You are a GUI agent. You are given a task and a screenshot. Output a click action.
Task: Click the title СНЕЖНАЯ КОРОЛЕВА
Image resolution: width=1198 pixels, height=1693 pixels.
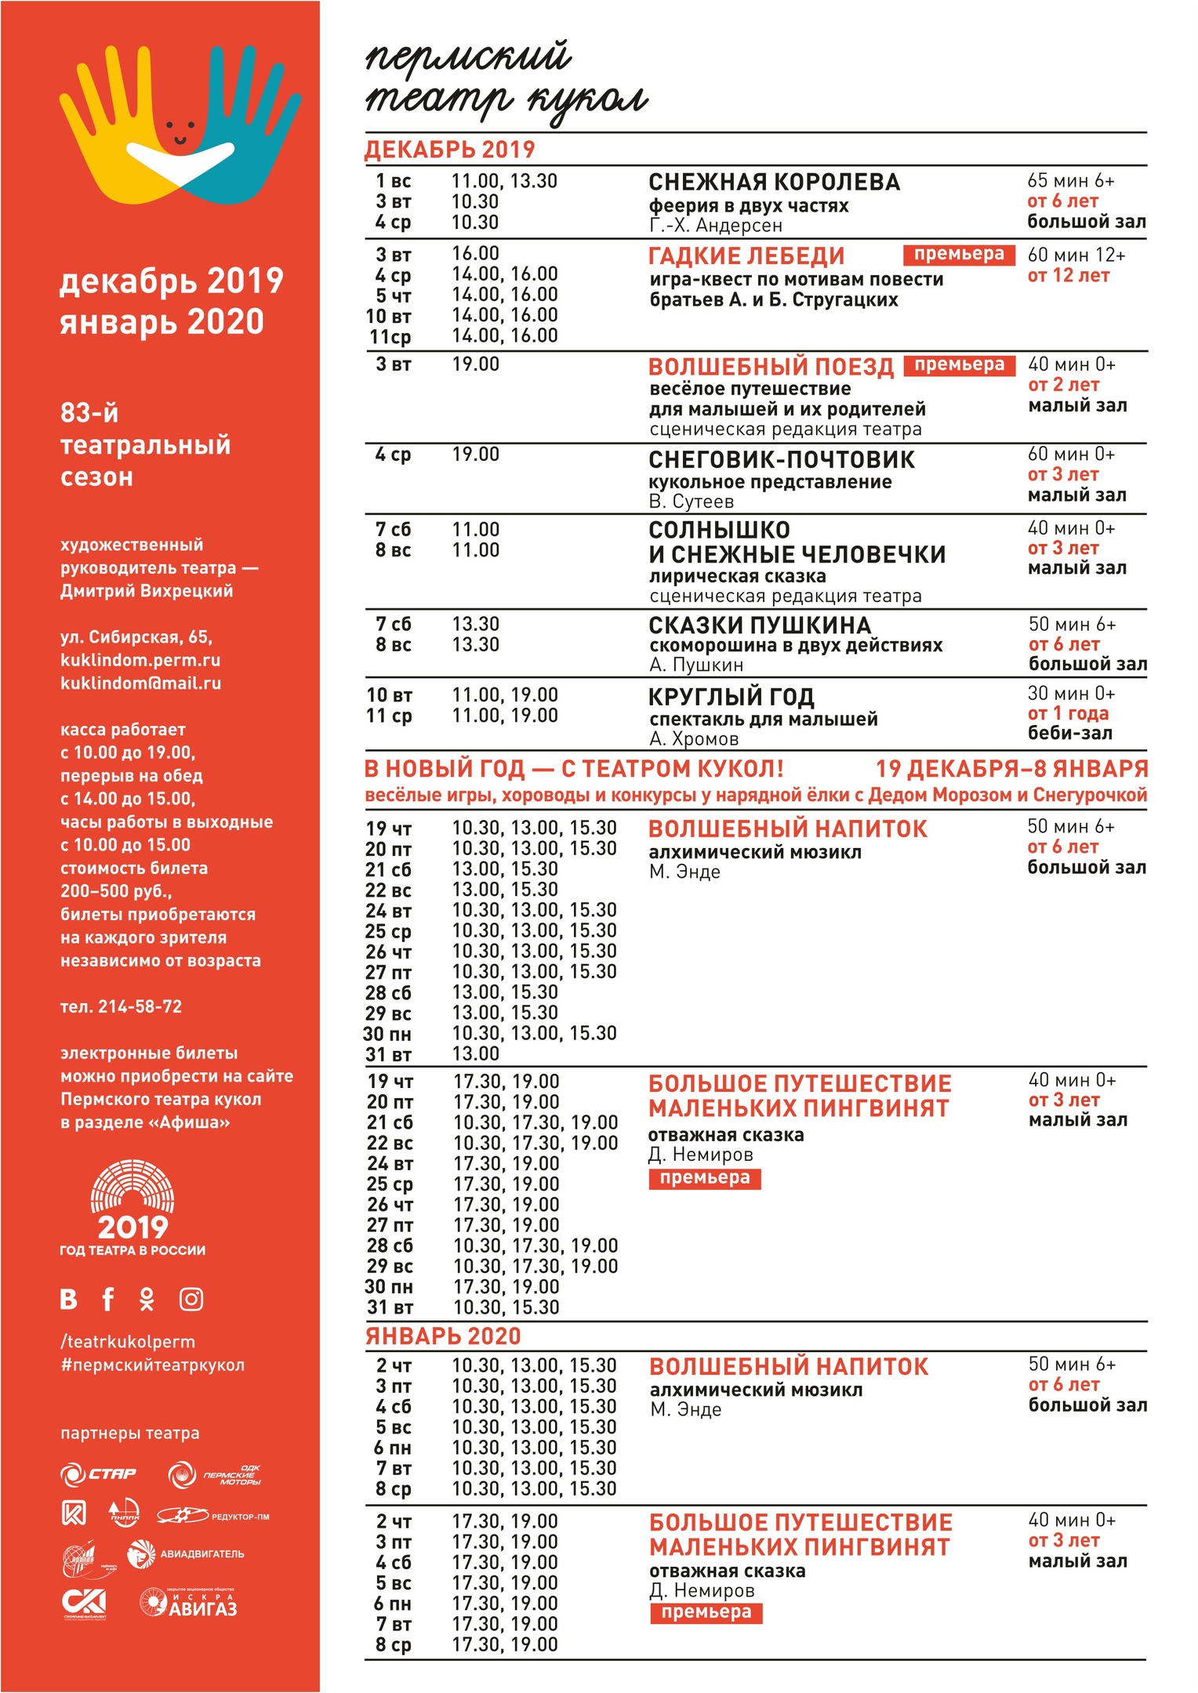[774, 182]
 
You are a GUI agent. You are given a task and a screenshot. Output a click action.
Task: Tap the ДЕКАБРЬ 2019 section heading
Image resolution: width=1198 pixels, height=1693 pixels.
[449, 150]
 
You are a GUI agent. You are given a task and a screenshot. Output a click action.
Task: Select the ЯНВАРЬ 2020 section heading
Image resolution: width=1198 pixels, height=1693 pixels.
[443, 1336]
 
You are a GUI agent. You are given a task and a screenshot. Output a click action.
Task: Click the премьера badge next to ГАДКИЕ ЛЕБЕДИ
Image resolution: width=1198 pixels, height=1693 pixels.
[959, 255]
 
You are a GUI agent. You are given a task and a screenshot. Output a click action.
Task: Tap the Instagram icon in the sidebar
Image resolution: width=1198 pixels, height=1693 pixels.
[191, 1300]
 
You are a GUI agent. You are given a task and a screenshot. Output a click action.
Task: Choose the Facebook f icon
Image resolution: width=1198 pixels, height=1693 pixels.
[108, 1299]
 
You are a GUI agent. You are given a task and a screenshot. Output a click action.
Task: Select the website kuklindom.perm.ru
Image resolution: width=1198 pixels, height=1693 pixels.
[140, 660]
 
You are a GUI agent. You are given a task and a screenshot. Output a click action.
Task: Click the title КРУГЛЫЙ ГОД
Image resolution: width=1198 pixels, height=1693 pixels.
[731, 697]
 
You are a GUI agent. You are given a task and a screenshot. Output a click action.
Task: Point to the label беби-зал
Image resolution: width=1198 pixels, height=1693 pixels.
[1069, 734]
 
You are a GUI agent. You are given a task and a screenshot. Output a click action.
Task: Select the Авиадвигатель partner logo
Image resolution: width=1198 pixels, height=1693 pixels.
[186, 1554]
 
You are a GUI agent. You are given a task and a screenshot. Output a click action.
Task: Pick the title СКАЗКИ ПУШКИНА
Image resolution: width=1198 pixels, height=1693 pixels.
[760, 625]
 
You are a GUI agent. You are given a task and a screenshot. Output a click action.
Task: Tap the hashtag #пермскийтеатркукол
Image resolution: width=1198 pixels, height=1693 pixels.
[152, 1365]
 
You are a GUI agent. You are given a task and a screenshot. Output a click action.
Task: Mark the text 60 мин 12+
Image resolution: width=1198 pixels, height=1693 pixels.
[1076, 256]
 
